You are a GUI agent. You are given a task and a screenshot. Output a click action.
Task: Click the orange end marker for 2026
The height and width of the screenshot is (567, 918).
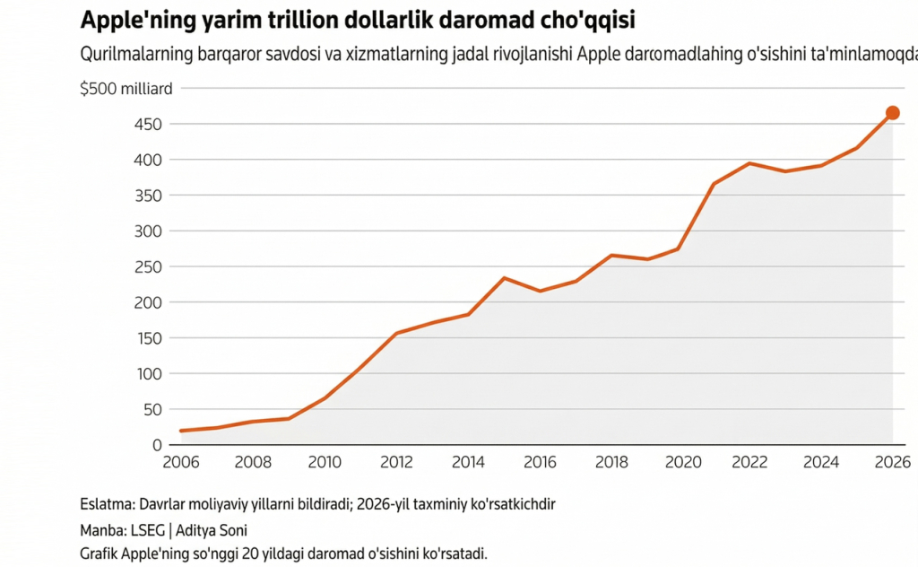892,113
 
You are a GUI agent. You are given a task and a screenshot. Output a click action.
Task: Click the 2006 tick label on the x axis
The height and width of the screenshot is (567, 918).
181,462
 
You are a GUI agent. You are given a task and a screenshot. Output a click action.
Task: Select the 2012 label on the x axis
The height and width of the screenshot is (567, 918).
396,462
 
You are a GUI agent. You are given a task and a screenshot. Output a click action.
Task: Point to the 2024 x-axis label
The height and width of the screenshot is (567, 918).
821,462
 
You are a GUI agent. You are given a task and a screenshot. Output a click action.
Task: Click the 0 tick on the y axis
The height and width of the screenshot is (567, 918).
156,445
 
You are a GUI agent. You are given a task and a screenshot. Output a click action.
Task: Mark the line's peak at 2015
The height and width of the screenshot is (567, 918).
504,278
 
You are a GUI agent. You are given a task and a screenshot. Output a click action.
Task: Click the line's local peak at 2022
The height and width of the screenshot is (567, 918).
749,163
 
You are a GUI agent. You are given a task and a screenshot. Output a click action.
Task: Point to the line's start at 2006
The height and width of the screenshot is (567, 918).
181,431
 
